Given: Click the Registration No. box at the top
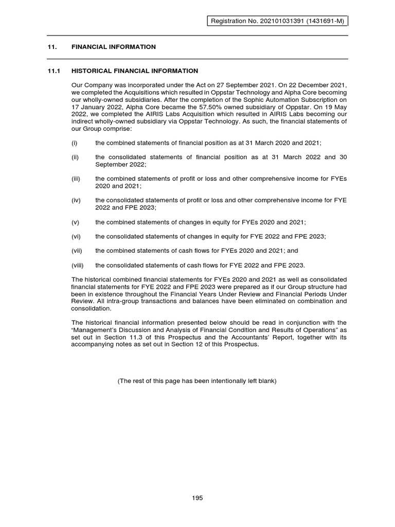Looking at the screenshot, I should [x=277, y=21].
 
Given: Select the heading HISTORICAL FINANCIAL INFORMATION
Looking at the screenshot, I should [x=134, y=71].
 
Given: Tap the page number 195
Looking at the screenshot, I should [x=197, y=498].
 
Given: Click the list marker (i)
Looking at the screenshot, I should [x=74, y=143].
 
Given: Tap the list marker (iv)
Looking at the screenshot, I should [x=75, y=200].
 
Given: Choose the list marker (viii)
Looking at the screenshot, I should [x=77, y=265].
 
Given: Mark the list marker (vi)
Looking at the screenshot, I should [x=75, y=236].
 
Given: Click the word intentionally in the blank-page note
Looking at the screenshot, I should [x=223, y=381].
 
